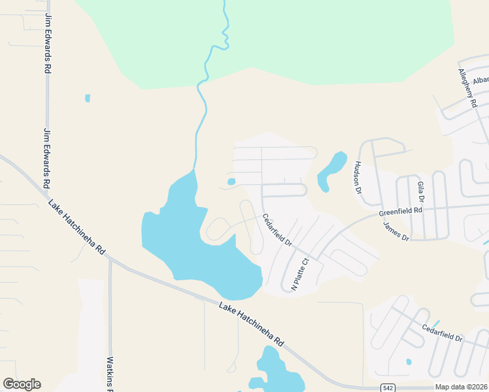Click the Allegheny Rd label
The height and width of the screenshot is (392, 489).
pos(468,88)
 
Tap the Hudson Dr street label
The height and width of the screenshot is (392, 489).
pos(358,178)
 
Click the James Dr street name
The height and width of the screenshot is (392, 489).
pos(396,231)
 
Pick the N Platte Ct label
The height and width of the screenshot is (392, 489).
pos(299,274)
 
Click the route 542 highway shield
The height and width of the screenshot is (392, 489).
pos(388,387)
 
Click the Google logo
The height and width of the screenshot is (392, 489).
pos(22,384)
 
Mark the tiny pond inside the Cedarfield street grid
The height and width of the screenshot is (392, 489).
pos(231,182)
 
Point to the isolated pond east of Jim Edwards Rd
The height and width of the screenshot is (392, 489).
pos(88,99)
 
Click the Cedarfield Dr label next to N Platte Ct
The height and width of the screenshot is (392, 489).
pos(277,229)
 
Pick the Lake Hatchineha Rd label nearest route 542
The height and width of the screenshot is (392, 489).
pos(252,324)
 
